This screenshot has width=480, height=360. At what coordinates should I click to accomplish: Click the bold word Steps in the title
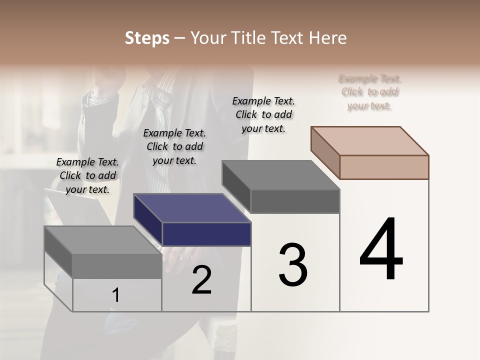point(147,38)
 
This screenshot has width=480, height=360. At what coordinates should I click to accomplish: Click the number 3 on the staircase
point(293,265)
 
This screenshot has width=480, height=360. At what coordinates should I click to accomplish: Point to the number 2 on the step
point(201,280)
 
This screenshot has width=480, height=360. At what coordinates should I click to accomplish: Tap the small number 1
point(116,295)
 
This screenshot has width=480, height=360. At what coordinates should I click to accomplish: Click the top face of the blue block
point(191,208)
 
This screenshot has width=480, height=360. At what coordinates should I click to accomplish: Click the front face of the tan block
point(384,167)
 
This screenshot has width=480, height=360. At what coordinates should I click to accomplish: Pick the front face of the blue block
point(206,234)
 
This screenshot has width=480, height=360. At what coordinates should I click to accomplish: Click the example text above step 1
point(87,175)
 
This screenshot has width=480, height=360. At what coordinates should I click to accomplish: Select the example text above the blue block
point(174,146)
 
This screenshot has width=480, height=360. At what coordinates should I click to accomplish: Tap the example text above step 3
point(263,114)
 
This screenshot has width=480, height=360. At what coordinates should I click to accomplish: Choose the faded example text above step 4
point(369,92)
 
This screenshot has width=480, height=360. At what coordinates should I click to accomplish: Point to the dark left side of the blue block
point(147,220)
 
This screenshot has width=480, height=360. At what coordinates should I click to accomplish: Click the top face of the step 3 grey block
point(280,175)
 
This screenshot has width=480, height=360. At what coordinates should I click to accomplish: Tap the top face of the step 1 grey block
point(102,240)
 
